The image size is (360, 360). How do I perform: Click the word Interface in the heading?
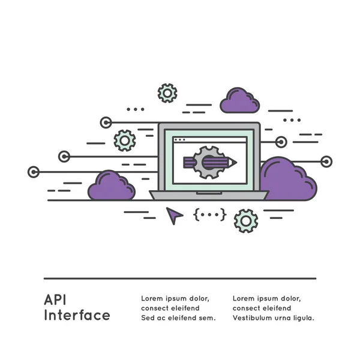77,315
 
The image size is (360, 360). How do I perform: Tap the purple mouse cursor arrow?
174,214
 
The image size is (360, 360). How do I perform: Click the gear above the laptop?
167,93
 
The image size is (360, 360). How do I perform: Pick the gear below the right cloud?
246,221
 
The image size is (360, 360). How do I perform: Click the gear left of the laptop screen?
125,140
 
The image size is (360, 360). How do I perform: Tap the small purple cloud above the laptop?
239,101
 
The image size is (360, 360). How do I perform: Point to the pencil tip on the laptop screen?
235,162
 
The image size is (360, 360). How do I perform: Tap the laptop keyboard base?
209,195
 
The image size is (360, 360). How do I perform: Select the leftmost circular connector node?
34,172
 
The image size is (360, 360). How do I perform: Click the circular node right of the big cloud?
326,161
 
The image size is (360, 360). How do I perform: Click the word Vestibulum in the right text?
253,318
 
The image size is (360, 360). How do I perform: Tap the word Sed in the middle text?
147,318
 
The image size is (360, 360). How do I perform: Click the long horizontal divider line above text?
180,278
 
